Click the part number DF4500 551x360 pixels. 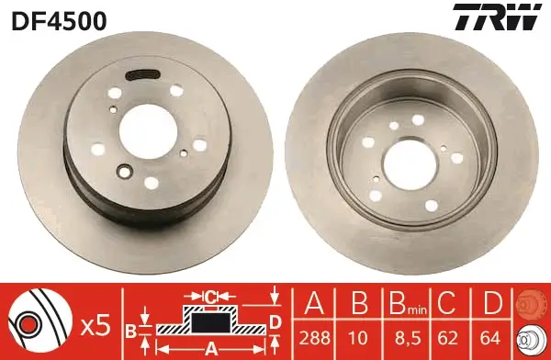pyautogui.click(x=59, y=21)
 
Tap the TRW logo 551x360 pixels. pyautogui.click(x=497, y=17)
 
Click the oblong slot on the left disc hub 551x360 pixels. pyautogui.click(x=143, y=75)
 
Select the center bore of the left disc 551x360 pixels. pyautogui.click(x=148, y=130)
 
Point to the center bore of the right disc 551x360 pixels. pyautogui.click(x=410, y=165)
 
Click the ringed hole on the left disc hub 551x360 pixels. pyautogui.click(x=124, y=171)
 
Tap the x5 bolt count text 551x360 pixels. pyautogui.click(x=96, y=326)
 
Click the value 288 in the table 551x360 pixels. pyautogui.click(x=314, y=338)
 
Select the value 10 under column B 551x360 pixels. pyautogui.click(x=359, y=338)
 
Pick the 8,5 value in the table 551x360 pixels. pyautogui.click(x=407, y=339)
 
